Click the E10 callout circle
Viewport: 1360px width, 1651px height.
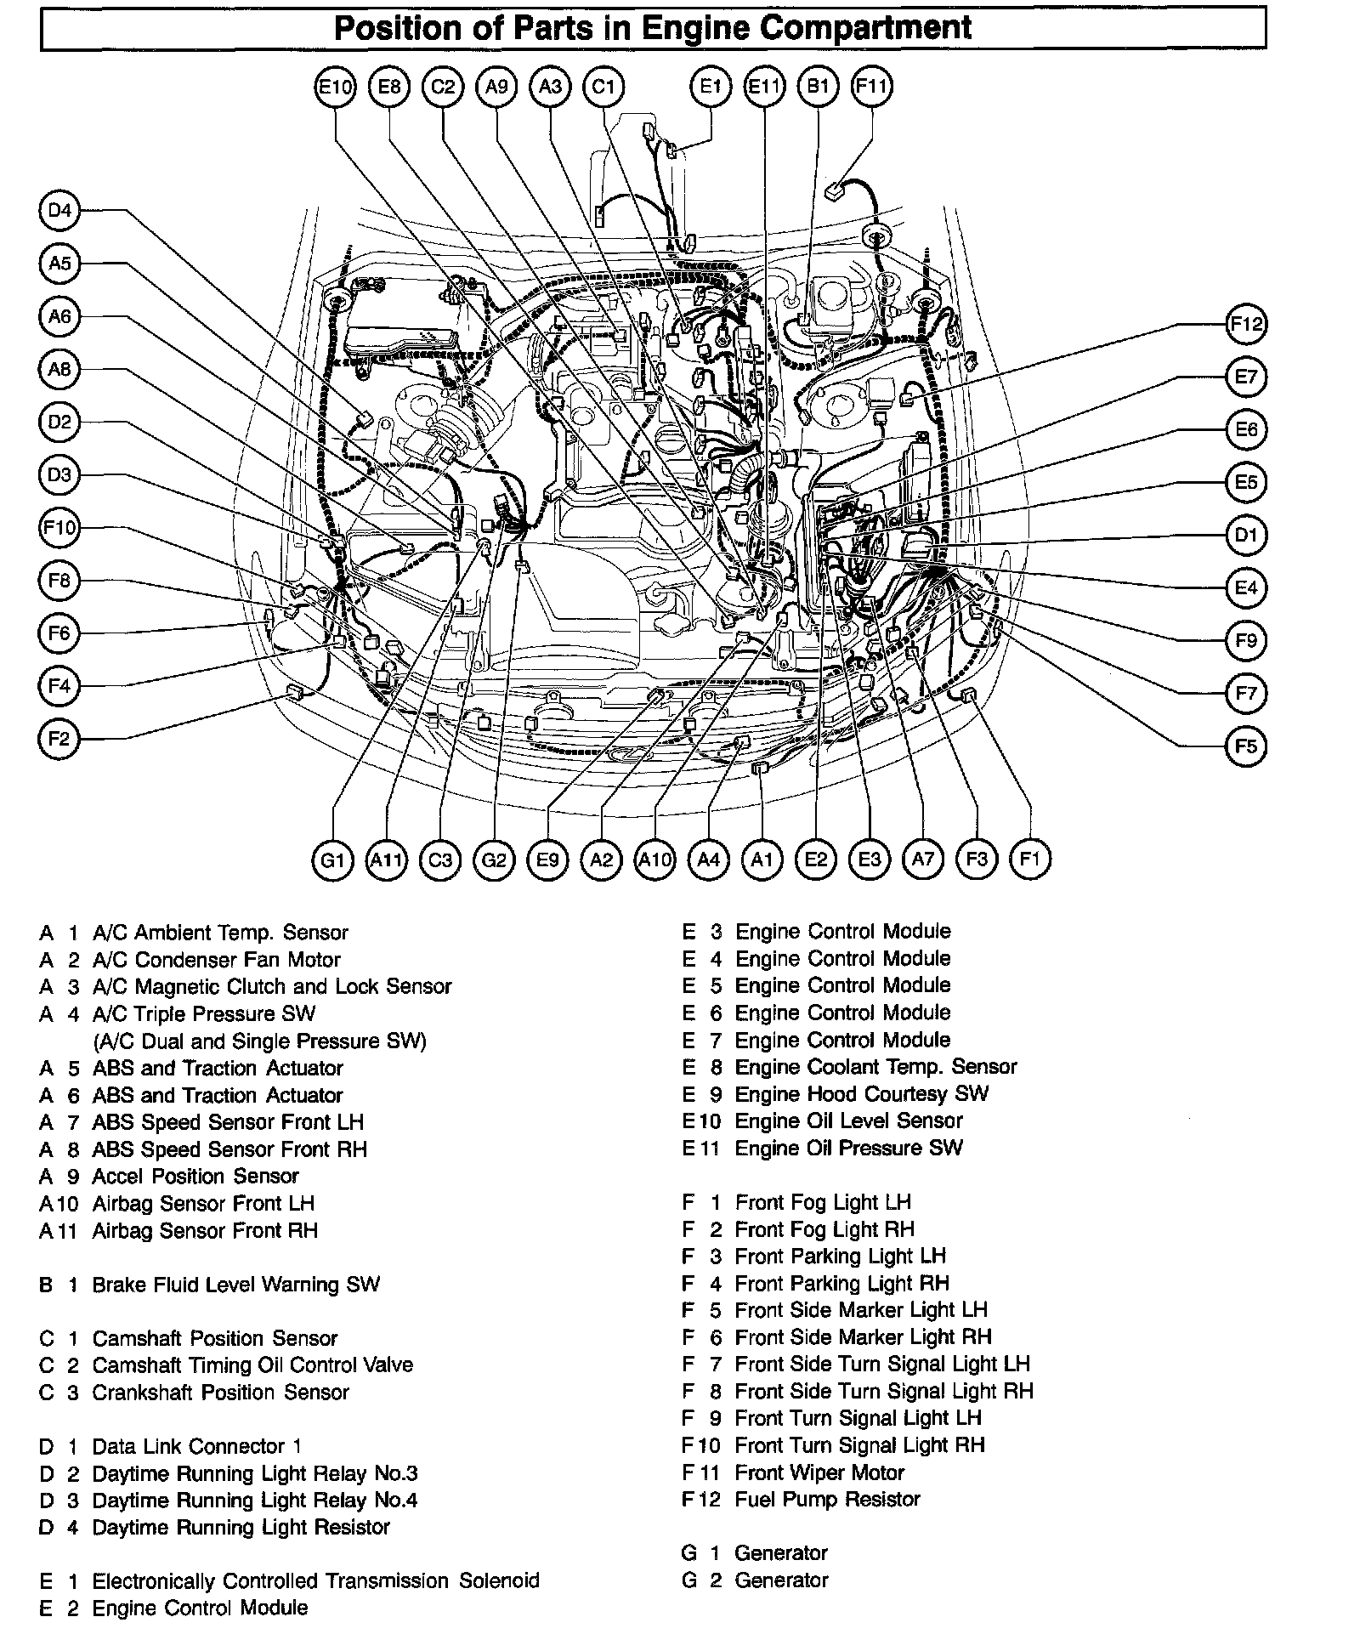(335, 86)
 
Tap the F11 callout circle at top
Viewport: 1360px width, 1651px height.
(871, 86)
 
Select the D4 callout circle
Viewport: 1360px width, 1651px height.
(59, 210)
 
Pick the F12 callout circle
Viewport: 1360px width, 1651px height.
(1246, 324)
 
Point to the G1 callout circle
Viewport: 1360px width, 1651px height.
(332, 860)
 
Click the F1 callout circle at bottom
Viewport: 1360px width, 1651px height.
(1030, 859)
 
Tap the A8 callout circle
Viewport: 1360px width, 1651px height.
(59, 369)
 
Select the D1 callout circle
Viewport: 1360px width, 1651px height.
(1246, 536)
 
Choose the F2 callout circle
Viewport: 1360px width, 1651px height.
(59, 738)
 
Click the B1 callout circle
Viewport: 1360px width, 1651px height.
(818, 86)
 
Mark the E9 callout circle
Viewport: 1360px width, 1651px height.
(548, 860)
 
